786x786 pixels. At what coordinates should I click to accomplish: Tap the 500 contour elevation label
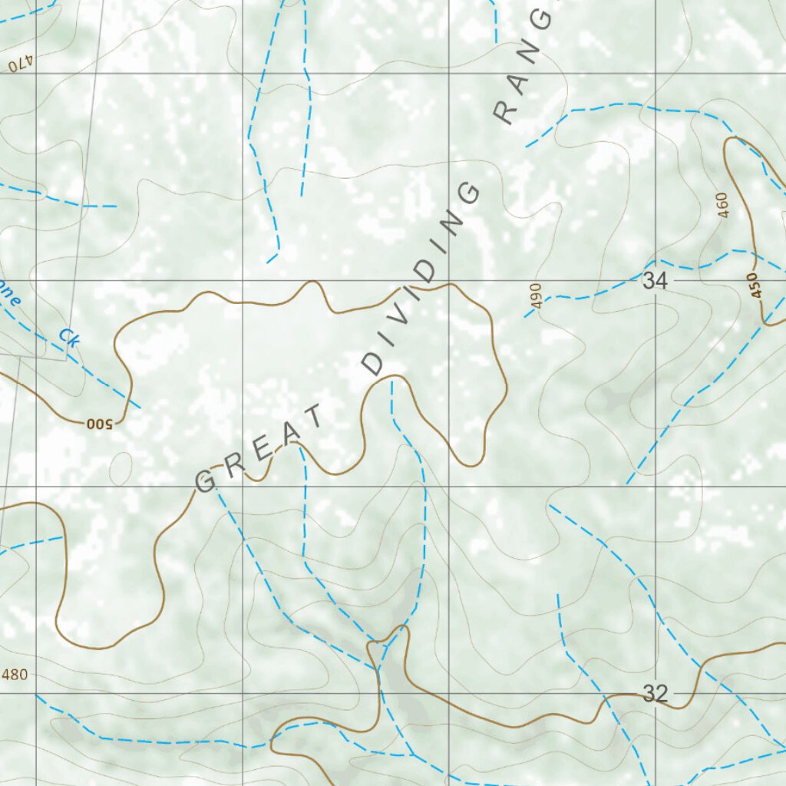coord(99,422)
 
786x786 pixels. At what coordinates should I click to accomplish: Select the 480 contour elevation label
coord(15,675)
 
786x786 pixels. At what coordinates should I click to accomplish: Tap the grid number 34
coord(655,282)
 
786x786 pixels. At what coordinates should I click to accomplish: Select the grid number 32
coord(655,695)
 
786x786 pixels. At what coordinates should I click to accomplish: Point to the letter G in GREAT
coord(206,482)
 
